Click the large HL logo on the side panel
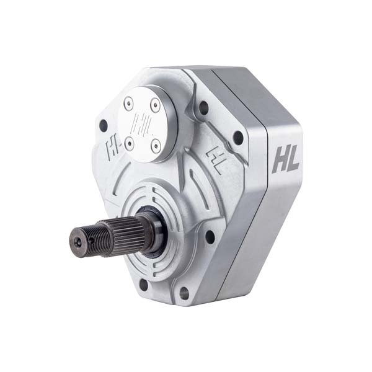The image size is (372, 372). tap(285, 159)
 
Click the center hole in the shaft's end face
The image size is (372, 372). tap(77, 238)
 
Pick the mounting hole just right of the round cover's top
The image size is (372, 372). tap(203, 107)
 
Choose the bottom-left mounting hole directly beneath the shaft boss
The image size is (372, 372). tap(144, 285)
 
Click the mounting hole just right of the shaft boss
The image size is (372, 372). tap(210, 237)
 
